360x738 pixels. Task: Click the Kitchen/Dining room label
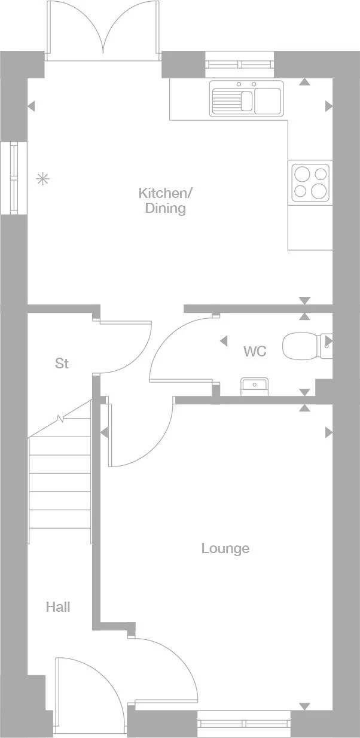pos(166,201)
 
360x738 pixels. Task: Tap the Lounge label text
pos(225,548)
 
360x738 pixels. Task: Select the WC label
pos(255,351)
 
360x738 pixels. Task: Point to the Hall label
pos(58,607)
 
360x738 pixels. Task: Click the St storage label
pos(62,363)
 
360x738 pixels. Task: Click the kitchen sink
pos(246,98)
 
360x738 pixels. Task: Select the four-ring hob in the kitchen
pos(310,182)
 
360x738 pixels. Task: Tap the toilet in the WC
pos(302,345)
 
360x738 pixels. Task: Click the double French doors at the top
pos(103,30)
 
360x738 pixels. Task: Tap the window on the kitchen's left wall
pos(14,178)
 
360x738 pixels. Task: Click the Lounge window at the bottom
pos(244,724)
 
